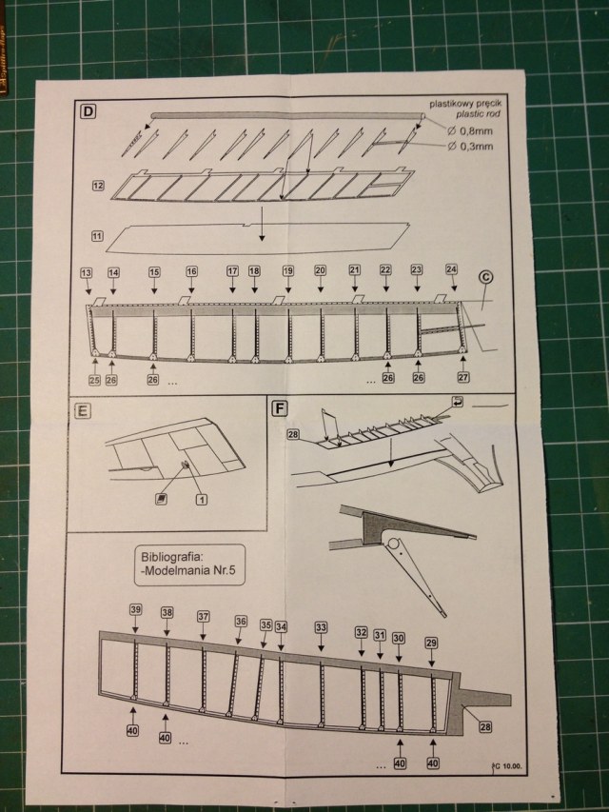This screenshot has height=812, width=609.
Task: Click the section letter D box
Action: click(88, 112)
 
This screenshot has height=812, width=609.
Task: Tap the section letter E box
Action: click(84, 410)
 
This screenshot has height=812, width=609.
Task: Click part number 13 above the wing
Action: click(87, 271)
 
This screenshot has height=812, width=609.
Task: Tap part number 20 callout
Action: click(320, 270)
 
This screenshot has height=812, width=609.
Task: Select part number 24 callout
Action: click(451, 269)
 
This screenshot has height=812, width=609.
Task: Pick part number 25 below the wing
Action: click(94, 381)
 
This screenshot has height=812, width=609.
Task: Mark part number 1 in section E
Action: click(202, 498)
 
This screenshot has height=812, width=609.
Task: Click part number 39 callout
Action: click(135, 610)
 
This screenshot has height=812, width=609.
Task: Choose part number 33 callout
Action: click(321, 627)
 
